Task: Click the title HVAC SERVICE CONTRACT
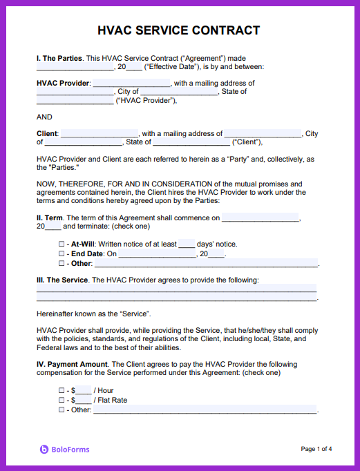pos(179,30)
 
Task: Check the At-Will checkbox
pos(61,244)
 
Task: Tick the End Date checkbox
pos(61,254)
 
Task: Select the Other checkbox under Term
pos(61,264)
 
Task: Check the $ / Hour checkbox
pos(61,391)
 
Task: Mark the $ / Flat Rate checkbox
pos(61,401)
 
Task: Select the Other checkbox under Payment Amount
pos(61,410)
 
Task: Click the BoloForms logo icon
pos(44,450)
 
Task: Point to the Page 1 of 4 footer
pos(316,449)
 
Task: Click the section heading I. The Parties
pos(59,58)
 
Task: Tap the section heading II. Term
pos(50,218)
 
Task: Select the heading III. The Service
pos(62,280)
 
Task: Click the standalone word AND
pos(44,117)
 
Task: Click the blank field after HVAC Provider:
pos(131,84)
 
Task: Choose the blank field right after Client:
pos(100,134)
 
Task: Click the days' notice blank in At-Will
pos(187,244)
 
